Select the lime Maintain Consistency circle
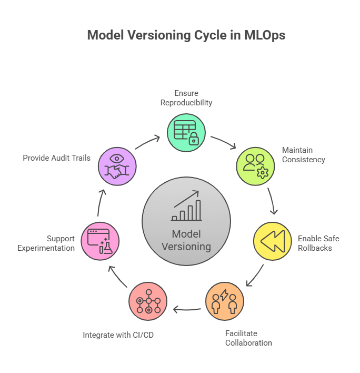tap(255, 166)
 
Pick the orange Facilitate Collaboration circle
tap(225, 301)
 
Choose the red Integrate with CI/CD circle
tap(148, 301)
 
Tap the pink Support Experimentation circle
tap(100, 241)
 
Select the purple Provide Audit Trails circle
tap(117, 166)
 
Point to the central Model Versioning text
tap(186, 240)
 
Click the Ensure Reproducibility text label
tap(186, 98)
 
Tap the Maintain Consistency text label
tap(303, 155)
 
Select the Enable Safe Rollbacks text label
tap(318, 243)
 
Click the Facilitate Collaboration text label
tap(248, 338)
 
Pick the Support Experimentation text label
tap(46, 243)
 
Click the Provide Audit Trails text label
tap(57, 158)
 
